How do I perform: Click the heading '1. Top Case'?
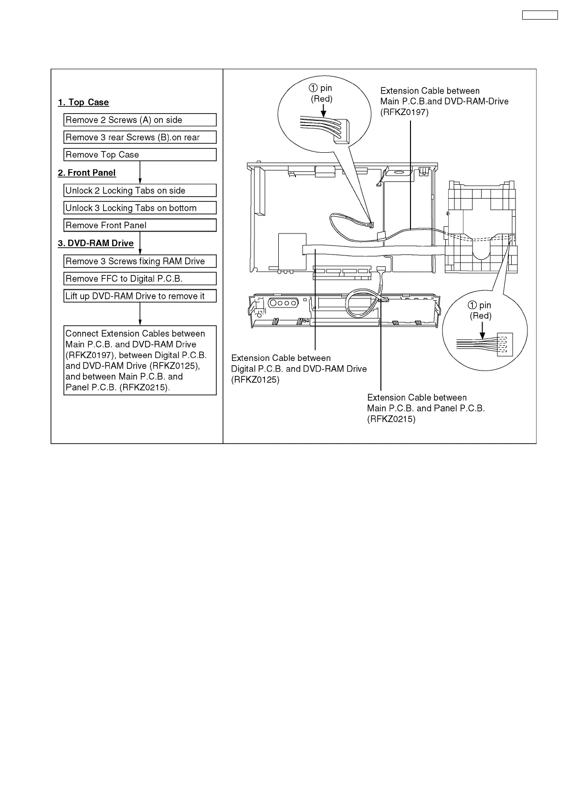pyautogui.click(x=84, y=102)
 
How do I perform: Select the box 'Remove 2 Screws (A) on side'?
pyautogui.click(x=140, y=120)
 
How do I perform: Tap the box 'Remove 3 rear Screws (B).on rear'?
pyautogui.click(x=140, y=138)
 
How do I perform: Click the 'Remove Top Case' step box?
pyautogui.click(x=140, y=155)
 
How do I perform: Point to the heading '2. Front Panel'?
pyautogui.click(x=87, y=173)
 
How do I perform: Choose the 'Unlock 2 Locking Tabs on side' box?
pyautogui.click(x=140, y=190)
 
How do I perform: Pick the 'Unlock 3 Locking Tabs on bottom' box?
pyautogui.click(x=140, y=208)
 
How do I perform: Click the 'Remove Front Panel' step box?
pyautogui.click(x=140, y=225)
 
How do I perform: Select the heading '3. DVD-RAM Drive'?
pyautogui.click(x=96, y=243)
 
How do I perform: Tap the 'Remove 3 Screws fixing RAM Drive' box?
pyautogui.click(x=140, y=261)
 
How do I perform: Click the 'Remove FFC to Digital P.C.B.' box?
pyautogui.click(x=140, y=279)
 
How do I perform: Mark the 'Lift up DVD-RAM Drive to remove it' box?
pyautogui.click(x=140, y=296)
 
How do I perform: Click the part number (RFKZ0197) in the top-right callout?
pyautogui.click(x=405, y=112)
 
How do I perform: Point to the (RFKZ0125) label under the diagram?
pyautogui.click(x=255, y=380)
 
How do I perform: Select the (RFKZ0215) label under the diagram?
pyautogui.click(x=391, y=419)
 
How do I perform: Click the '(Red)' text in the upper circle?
pyautogui.click(x=322, y=99)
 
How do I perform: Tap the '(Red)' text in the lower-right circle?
pyautogui.click(x=481, y=316)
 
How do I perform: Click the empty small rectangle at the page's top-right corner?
pyautogui.click(x=540, y=15)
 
